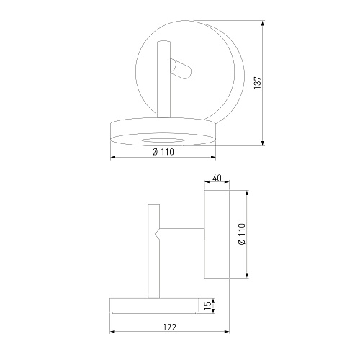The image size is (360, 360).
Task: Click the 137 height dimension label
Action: tap(258, 83)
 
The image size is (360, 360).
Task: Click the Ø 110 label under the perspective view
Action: tap(163, 152)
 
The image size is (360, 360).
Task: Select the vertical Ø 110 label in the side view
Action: tap(242, 234)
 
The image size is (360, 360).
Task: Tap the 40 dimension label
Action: tap(217, 178)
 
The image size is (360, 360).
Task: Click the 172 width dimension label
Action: tap(170, 327)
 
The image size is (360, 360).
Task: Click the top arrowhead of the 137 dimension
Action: tap(263, 23)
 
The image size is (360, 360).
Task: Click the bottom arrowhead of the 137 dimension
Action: tap(263, 143)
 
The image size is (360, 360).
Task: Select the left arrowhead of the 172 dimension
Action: tap(113, 332)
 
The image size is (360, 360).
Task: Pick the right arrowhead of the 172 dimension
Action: tap(226, 332)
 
